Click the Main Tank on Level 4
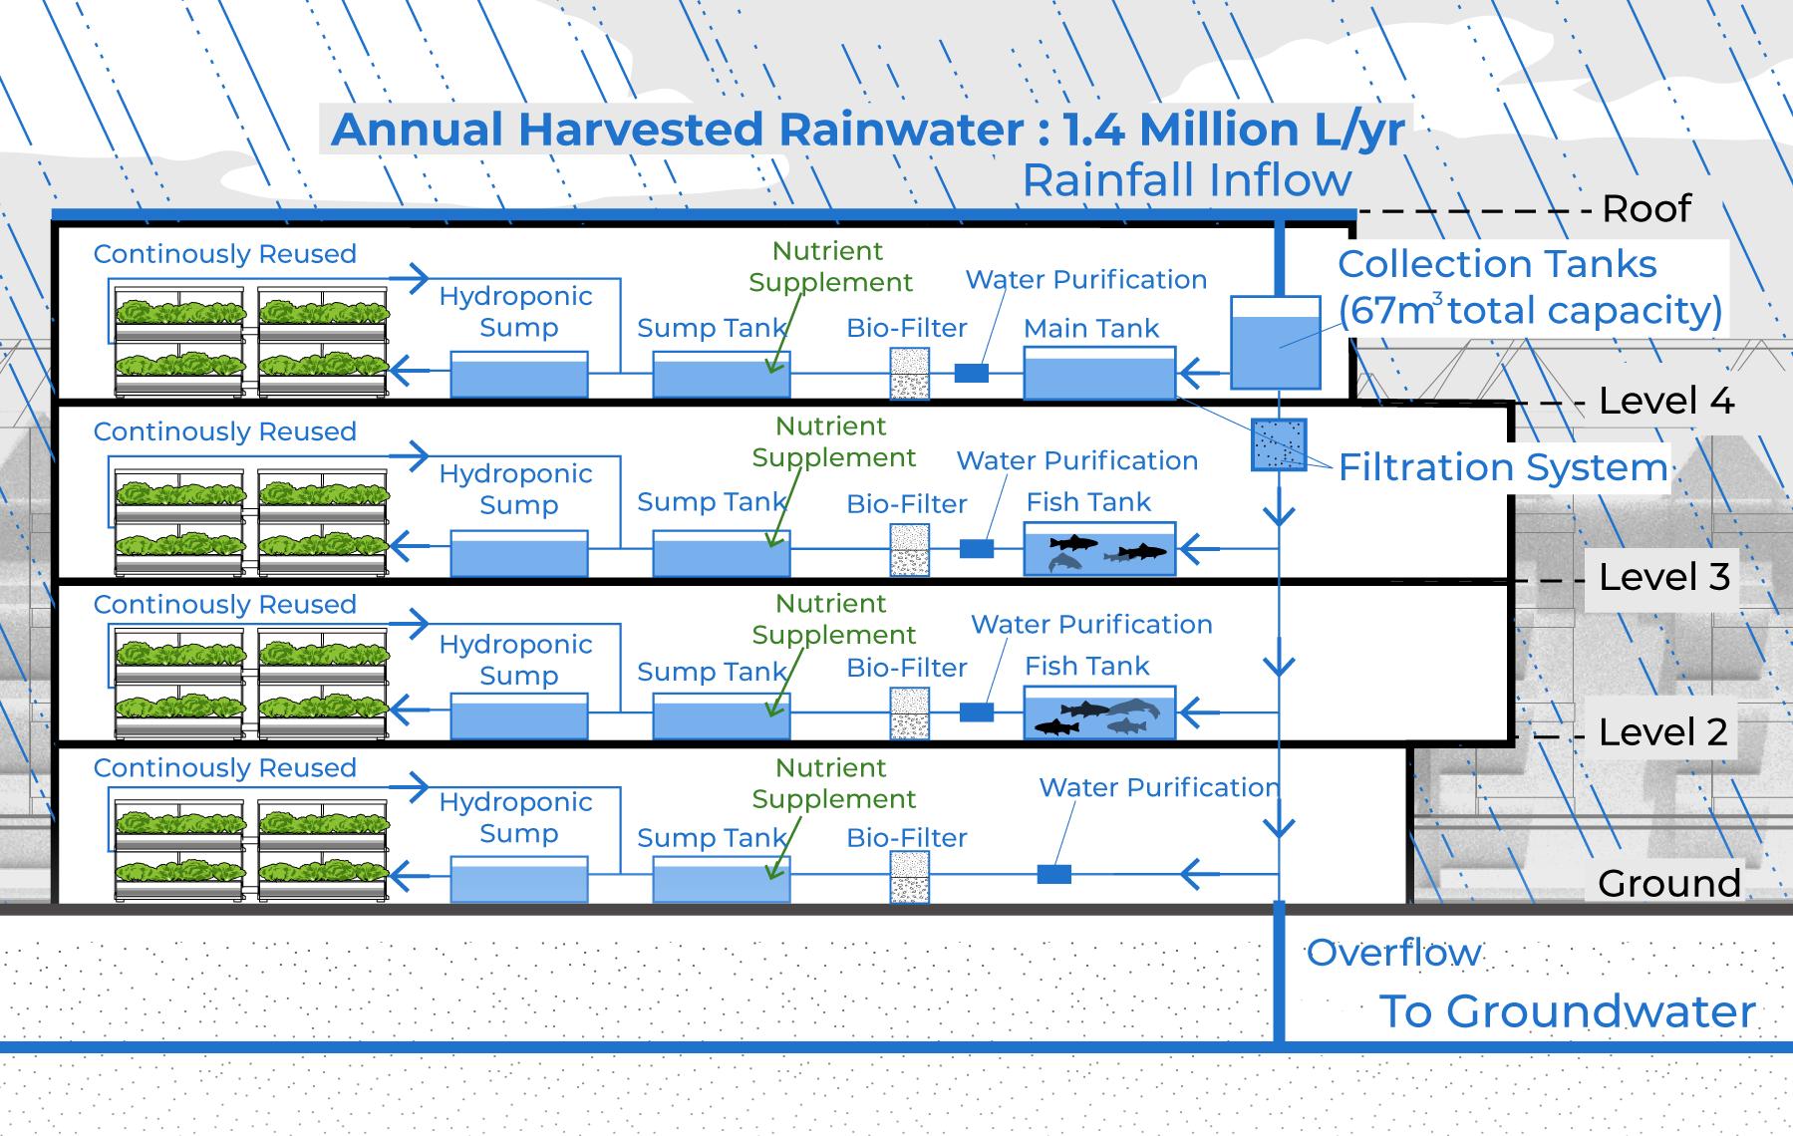pyautogui.click(x=1099, y=373)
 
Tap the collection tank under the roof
pyautogui.click(x=1276, y=343)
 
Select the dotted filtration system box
pyautogui.click(x=1279, y=444)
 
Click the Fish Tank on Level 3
pyautogui.click(x=1099, y=549)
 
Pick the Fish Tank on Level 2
pyautogui.click(x=1099, y=712)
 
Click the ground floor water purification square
pyautogui.click(x=1054, y=874)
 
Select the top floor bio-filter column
pyautogui.click(x=909, y=374)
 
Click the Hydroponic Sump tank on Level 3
pyautogui.click(x=519, y=553)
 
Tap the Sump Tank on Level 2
pyautogui.click(x=722, y=716)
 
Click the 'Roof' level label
pyautogui.click(x=1646, y=208)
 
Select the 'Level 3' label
pyautogui.click(x=1664, y=577)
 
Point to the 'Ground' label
pyautogui.click(x=1669, y=883)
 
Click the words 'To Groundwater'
pyautogui.click(x=1567, y=1011)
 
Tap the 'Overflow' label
pyautogui.click(x=1393, y=953)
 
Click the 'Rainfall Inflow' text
pyautogui.click(x=1187, y=180)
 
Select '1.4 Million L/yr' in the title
pyautogui.click(x=1234, y=130)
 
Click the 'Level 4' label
pyautogui.click(x=1666, y=401)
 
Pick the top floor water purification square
pyautogui.click(x=972, y=373)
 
